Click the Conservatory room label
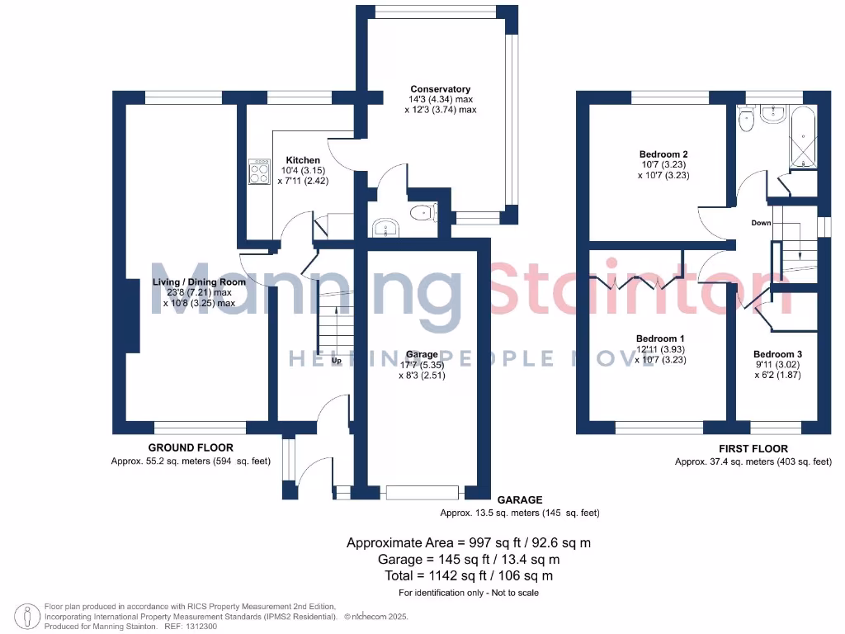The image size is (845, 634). (441, 89)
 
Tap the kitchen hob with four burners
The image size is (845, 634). (259, 172)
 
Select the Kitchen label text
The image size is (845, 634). (303, 160)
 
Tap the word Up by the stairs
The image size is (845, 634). (336, 361)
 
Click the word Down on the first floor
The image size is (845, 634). (761, 223)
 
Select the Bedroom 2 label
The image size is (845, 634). (663, 154)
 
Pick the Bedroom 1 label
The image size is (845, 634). (659, 338)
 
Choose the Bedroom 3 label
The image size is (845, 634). (777, 354)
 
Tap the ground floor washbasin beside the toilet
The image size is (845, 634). (385, 228)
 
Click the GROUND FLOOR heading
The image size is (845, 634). (186, 447)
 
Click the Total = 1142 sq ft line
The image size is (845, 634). (469, 575)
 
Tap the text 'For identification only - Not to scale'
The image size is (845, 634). (469, 593)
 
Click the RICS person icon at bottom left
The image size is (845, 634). (30, 616)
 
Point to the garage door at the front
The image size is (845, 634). (422, 493)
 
